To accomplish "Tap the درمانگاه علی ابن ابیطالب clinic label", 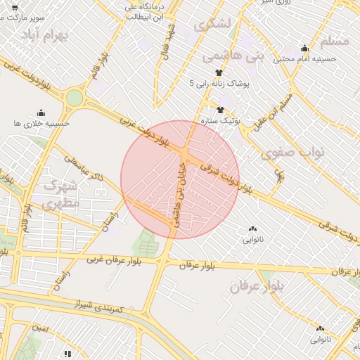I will point(145,12).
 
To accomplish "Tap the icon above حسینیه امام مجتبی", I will point(304,49).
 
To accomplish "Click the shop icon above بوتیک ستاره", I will point(220,110).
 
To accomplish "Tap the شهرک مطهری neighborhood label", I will point(62,194).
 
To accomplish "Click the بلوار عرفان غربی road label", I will point(115,259).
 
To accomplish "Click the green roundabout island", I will point(74,98).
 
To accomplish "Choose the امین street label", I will point(40,328).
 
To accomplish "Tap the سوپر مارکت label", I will point(24,15).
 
